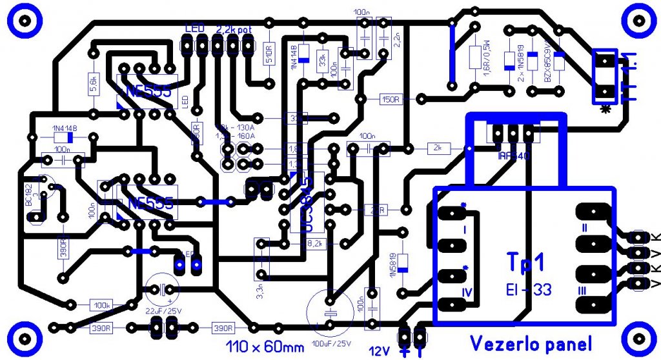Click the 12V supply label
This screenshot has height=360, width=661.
(x=380, y=350)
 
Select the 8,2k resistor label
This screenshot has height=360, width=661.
(x=314, y=243)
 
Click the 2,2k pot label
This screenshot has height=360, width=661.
(x=234, y=30)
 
